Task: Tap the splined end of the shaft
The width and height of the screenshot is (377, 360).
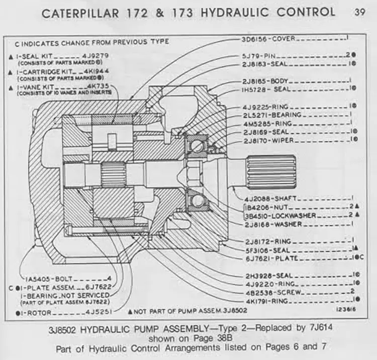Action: point(271,171)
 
